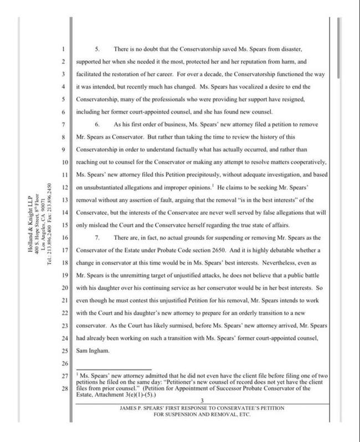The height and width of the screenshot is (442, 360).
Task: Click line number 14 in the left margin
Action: [64, 213]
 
